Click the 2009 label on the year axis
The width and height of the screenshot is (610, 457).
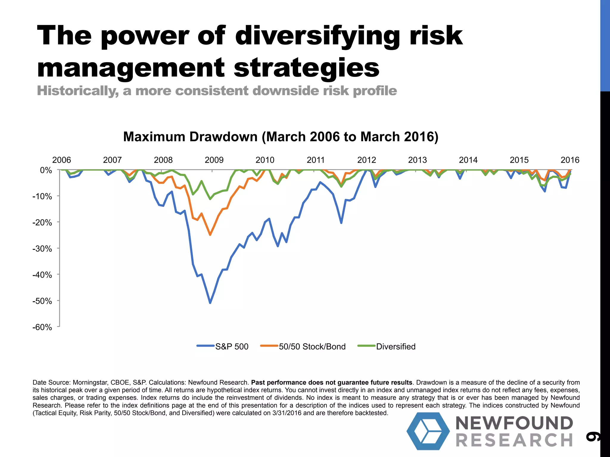point(214,160)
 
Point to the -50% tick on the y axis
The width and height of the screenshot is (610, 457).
point(42,301)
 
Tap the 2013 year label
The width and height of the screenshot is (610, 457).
point(417,160)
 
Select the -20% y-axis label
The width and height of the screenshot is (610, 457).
point(42,223)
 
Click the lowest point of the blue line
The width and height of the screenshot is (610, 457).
point(210,303)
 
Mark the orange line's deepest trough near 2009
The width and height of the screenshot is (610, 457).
point(210,235)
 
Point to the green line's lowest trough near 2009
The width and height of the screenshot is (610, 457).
point(210,199)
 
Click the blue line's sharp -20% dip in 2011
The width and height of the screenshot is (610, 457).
point(341,223)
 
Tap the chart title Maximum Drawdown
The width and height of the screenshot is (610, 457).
point(281,137)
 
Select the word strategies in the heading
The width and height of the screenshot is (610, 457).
point(306,68)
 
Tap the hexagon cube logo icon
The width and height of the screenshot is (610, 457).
point(428,431)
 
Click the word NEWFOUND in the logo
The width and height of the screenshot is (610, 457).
point(514,423)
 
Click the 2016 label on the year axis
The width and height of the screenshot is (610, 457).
point(570,160)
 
